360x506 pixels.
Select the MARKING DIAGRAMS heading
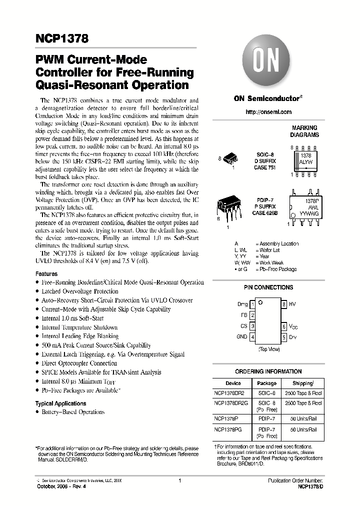pyautogui.click(x=304, y=131)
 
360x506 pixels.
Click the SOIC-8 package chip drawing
pyautogui.click(x=230, y=159)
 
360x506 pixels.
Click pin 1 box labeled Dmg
pyautogui.click(x=253, y=304)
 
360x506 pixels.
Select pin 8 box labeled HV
pyautogui.click(x=284, y=304)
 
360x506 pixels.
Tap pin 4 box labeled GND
pyautogui.click(x=253, y=337)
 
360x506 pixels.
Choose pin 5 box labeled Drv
pyautogui.click(x=284, y=337)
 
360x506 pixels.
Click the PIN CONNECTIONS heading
pyautogui.click(x=268, y=287)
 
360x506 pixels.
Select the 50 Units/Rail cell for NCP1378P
pyautogui.click(x=303, y=416)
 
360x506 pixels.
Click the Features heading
pyautogui.click(x=46, y=274)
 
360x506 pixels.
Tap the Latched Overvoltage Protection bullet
pyautogui.click(x=80, y=291)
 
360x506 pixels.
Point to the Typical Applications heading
pyautogui.click(x=60, y=403)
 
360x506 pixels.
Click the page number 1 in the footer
pyautogui.click(x=179, y=480)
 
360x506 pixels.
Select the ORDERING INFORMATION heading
pyautogui.click(x=268, y=371)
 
